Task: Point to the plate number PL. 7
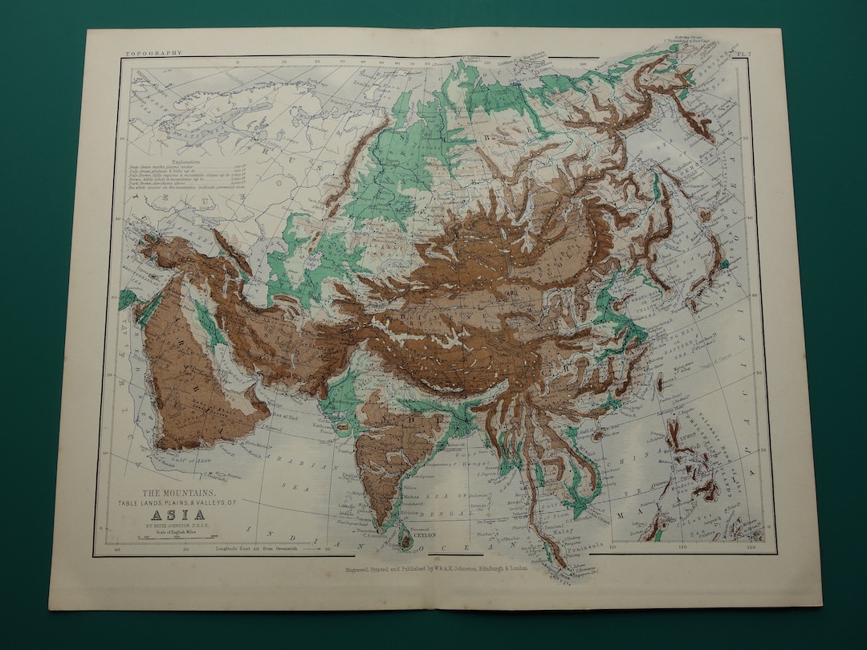click(743, 53)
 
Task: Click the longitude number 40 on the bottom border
click(118, 550)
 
